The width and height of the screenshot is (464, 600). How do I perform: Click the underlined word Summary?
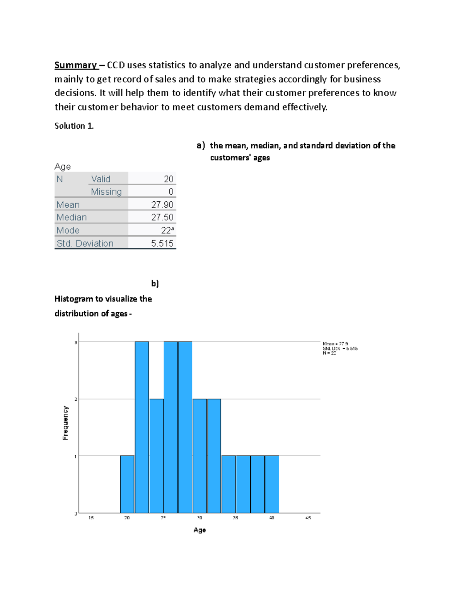point(75,65)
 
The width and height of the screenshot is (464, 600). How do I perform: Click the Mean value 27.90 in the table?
point(162,204)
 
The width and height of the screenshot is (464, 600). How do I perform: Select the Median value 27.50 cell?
point(162,217)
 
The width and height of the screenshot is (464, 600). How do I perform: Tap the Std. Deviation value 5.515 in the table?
point(162,243)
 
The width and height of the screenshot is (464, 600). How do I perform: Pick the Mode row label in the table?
point(68,230)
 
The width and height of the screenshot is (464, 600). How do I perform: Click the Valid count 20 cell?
point(168,179)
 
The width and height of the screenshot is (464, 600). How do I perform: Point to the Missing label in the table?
point(106,192)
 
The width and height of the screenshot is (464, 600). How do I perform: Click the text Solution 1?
point(74,126)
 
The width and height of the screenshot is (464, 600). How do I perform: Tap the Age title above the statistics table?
point(63,167)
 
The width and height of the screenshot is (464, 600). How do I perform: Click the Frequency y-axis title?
point(65,423)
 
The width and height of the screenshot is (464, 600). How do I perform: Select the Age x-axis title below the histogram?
point(200,530)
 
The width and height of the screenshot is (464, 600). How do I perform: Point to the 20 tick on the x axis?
point(127,518)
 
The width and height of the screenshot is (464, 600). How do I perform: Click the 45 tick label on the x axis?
point(308,518)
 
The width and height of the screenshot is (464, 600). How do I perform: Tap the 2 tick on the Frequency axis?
point(76,399)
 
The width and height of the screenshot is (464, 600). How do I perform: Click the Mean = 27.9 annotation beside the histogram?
point(335,343)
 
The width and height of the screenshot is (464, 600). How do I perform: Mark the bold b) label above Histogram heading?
point(155,284)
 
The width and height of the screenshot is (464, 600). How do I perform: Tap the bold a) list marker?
point(200,146)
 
